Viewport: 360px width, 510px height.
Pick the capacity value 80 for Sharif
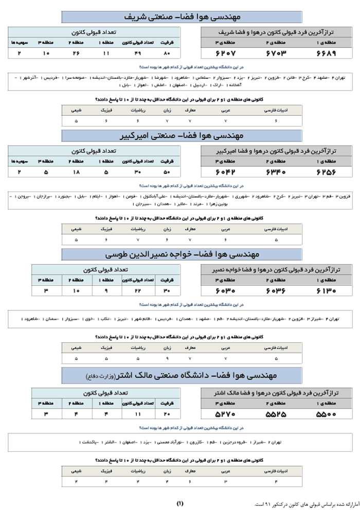coord(166,53)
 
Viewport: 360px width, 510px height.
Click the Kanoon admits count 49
coord(137,53)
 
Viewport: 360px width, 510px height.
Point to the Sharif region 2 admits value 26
coord(76,53)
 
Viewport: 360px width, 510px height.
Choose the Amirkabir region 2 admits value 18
coord(76,172)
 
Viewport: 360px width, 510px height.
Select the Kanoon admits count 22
coord(137,291)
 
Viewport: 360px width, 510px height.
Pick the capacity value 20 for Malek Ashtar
coord(166,413)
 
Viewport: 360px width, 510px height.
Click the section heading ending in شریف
coord(179,17)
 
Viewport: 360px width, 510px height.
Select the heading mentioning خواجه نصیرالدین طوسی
coord(179,255)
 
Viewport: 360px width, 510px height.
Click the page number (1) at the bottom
coord(179,503)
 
